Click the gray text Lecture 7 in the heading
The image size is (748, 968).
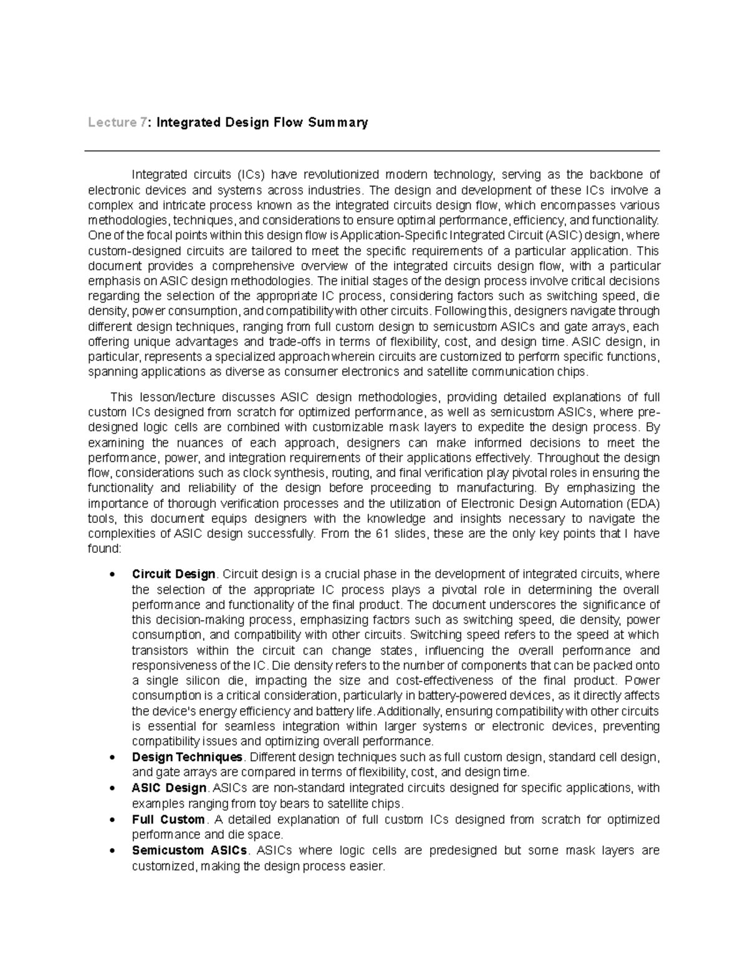[118, 122]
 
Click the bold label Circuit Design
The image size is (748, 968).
[173, 574]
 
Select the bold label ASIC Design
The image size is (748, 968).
[169, 788]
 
